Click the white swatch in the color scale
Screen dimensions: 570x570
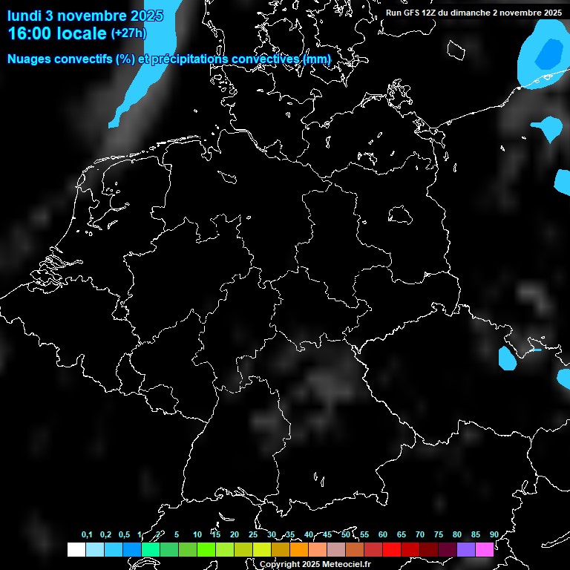pos(76,549)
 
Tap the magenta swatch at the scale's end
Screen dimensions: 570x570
pos(485,549)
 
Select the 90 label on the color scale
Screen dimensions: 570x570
pos(494,534)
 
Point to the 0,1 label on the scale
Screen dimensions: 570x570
pos(87,534)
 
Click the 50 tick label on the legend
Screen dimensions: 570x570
pos(346,534)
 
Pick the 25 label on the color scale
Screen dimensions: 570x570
pos(253,534)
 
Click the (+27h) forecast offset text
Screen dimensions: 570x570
pos(128,33)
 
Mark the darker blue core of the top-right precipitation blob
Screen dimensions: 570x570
pos(549,53)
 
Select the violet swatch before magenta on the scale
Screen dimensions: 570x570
pos(466,549)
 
